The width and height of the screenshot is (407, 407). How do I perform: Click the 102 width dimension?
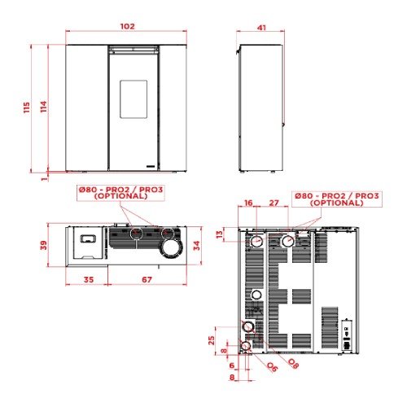point(127,26)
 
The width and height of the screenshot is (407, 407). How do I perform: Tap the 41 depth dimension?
point(261,28)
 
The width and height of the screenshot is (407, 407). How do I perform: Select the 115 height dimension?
point(27,107)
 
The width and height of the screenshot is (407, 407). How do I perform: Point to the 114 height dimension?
point(43,107)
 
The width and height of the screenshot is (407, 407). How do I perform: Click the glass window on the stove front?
point(133,99)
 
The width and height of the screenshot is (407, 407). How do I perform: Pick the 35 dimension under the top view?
point(89,279)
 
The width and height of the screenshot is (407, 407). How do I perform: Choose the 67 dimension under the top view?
point(147,279)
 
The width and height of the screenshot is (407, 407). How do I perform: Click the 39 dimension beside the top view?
point(43,245)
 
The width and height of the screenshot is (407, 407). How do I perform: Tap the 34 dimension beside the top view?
point(196,246)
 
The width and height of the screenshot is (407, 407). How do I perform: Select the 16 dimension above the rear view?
point(248,203)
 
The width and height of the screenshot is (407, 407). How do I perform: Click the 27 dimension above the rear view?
point(274,203)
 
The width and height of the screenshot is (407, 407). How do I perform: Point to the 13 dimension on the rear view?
point(220,234)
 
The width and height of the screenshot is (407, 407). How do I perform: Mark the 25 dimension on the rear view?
point(212,340)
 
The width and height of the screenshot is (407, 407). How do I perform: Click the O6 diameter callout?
point(272,367)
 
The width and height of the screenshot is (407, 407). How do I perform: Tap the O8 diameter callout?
point(293,364)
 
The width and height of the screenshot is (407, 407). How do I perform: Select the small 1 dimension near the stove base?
point(44,179)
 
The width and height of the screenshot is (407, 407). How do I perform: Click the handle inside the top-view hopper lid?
point(88,239)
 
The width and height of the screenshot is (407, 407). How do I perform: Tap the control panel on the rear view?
point(347,335)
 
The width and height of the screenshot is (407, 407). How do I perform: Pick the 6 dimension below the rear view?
point(231,365)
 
